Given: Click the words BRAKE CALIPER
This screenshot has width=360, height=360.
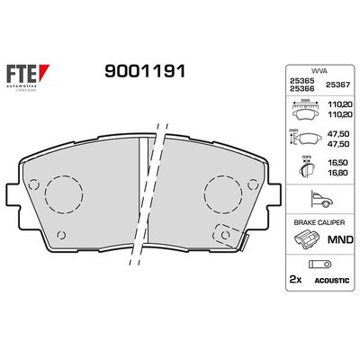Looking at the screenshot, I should point(310,220).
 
